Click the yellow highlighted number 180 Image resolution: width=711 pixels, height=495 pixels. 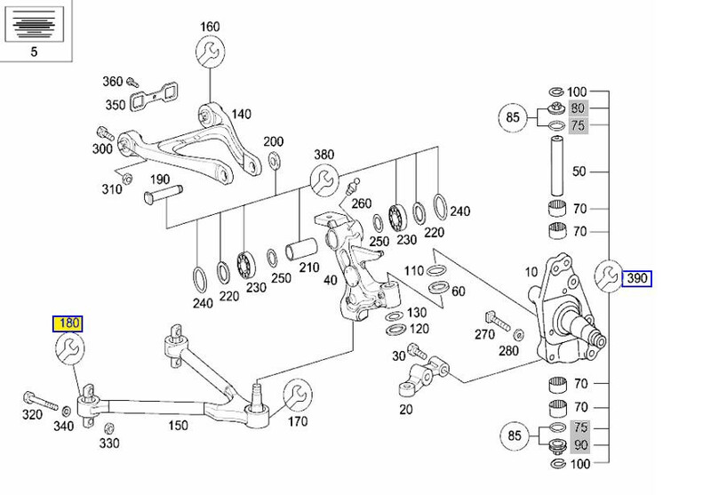[68, 323]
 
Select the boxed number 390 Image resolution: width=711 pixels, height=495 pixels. [636, 278]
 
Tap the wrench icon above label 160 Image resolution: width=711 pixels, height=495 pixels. [211, 52]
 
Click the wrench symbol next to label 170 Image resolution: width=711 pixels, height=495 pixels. [298, 395]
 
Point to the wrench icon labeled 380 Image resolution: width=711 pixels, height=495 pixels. [324, 180]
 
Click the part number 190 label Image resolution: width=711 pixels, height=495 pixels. [160, 179]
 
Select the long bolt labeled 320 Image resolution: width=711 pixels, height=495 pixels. [40, 401]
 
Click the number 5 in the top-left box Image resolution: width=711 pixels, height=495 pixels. [34, 52]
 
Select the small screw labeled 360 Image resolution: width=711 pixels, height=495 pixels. [132, 82]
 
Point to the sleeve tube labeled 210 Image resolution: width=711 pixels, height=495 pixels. [300, 250]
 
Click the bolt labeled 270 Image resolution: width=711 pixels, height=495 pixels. [498, 320]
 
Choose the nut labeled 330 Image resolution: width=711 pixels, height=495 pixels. [108, 428]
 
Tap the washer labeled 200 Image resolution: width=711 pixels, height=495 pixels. [274, 160]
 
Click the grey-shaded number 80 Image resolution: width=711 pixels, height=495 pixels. [579, 108]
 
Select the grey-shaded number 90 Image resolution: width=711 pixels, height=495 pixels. [580, 444]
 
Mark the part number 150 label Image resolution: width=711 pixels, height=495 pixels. [179, 425]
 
